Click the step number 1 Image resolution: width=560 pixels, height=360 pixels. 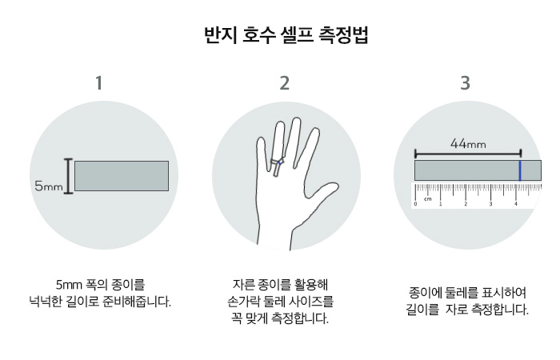99,83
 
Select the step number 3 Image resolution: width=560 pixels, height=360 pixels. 466,83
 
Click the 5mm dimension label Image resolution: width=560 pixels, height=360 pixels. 48,186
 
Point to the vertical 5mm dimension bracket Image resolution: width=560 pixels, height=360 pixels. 69,176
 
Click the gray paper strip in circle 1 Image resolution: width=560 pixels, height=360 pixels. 122,176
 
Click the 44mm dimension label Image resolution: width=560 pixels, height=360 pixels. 468,144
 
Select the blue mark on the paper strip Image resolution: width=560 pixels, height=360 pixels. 520,170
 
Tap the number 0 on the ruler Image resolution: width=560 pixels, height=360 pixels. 415,205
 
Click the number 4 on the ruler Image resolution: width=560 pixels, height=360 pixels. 515,205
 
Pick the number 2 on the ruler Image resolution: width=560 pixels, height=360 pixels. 466,205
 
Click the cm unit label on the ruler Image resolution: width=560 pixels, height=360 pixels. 428,199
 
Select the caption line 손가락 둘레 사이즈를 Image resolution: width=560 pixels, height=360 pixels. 280,302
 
